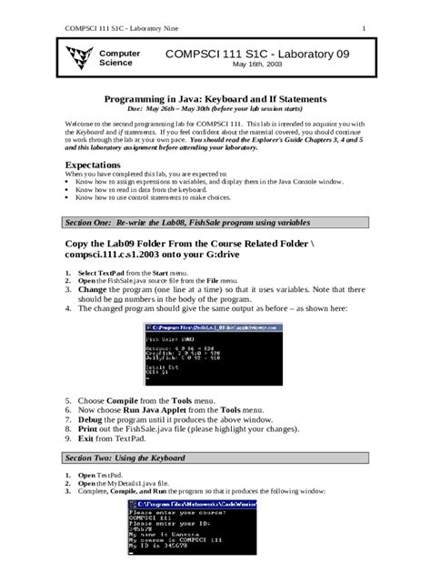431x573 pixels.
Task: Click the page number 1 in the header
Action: coord(365,11)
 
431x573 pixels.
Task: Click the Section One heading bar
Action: coord(215,222)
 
